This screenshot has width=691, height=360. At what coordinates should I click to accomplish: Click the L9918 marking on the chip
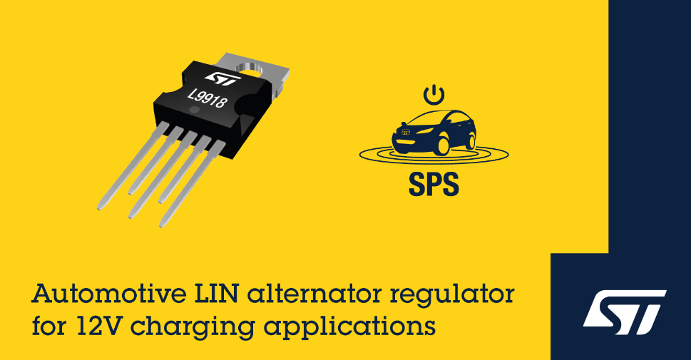[208, 98]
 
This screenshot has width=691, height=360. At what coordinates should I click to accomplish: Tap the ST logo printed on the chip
[223, 78]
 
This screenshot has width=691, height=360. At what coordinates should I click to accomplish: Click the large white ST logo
[625, 312]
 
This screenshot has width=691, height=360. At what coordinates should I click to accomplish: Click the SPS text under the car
[434, 184]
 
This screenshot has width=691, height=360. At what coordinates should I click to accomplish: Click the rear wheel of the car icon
[471, 141]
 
